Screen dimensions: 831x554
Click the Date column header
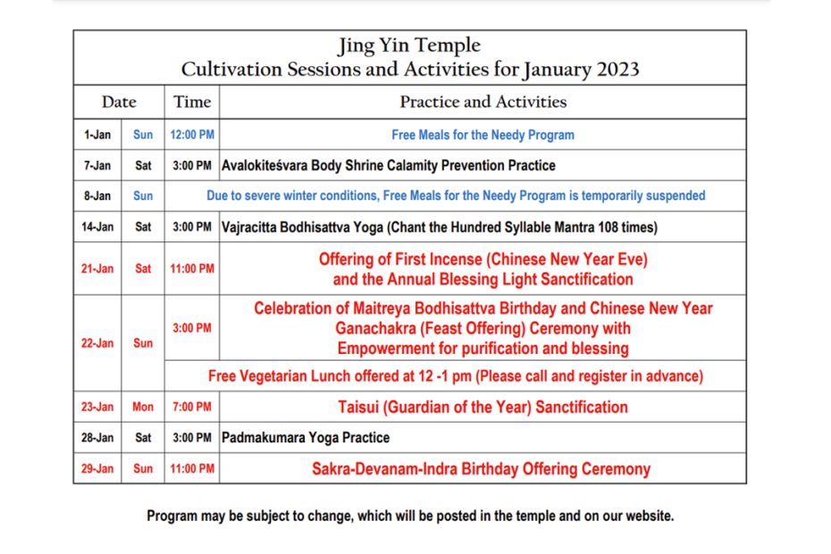[x=119, y=102]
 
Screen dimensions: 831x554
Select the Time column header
[x=192, y=102]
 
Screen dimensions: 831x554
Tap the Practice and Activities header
[x=483, y=102]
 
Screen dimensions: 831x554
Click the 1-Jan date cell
[x=97, y=135]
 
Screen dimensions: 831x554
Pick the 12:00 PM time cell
[x=192, y=135]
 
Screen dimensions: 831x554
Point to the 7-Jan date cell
[x=97, y=165]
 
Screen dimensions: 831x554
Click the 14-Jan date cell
[x=97, y=227]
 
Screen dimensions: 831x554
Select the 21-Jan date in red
[x=97, y=269]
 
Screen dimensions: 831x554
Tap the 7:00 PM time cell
[x=192, y=407]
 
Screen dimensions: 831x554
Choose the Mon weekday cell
[x=143, y=407]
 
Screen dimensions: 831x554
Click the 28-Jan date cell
[x=97, y=437]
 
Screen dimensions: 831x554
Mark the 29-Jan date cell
[x=97, y=468]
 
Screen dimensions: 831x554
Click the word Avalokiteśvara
[x=264, y=165]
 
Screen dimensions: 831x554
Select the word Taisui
[x=358, y=407]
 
